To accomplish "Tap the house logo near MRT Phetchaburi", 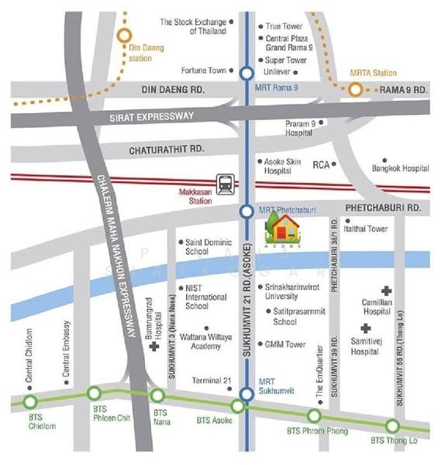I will pyautogui.click(x=284, y=228).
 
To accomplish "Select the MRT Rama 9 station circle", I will pyautogui.click(x=246, y=74).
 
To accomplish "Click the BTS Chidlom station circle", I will pyautogui.click(x=30, y=401).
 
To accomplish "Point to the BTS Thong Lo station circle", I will pyautogui.click(x=392, y=425).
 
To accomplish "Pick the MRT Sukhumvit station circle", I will pyautogui.click(x=246, y=394).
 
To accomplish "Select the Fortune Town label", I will pyautogui.click(x=204, y=71).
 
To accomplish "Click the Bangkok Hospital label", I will pyautogui.click(x=400, y=167).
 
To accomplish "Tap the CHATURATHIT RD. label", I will pyautogui.click(x=166, y=148).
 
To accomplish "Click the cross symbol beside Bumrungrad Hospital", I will pyautogui.click(x=155, y=346).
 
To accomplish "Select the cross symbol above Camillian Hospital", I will pyautogui.click(x=386, y=289).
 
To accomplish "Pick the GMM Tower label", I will pyautogui.click(x=285, y=344).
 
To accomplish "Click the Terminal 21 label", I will pyautogui.click(x=212, y=380).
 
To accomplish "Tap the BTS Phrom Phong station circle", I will pyautogui.click(x=315, y=415).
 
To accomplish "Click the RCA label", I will pyautogui.click(x=321, y=165).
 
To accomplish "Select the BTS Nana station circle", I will pyautogui.click(x=158, y=396).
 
